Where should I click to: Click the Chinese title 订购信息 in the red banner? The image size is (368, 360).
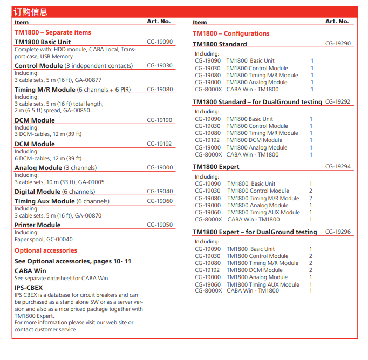click(30, 12)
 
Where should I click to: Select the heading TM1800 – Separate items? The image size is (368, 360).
click(53, 32)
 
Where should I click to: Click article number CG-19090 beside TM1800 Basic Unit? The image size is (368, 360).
click(160, 42)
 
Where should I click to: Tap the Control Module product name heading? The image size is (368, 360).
click(39, 66)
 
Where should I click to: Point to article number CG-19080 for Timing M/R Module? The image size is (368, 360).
click(160, 90)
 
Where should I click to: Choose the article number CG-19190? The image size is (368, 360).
click(160, 120)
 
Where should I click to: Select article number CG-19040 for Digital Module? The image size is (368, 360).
click(160, 192)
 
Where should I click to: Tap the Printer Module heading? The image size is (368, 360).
click(38, 225)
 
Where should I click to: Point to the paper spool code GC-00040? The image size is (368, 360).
click(59, 239)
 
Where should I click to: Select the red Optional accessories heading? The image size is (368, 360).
click(46, 250)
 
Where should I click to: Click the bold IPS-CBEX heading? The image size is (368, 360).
click(29, 288)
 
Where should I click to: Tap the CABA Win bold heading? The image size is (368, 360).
click(30, 271)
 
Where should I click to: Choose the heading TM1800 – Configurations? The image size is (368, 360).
click(231, 33)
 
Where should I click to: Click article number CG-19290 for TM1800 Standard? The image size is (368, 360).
click(338, 44)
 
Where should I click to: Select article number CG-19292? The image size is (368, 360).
click(338, 101)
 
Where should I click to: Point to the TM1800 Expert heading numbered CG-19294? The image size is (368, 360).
click(216, 167)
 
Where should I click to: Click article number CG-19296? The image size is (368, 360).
click(338, 232)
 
